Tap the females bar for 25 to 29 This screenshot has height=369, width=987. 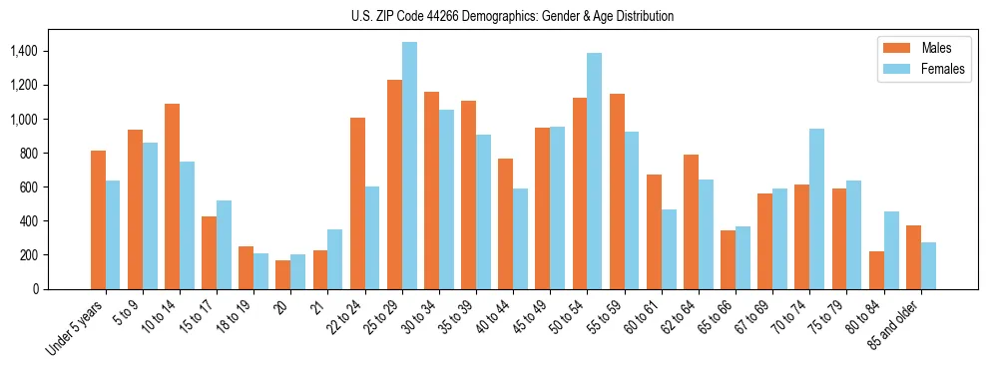coord(409,166)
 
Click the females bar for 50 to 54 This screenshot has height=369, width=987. coord(594,171)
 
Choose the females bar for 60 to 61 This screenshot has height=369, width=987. coord(668,249)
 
